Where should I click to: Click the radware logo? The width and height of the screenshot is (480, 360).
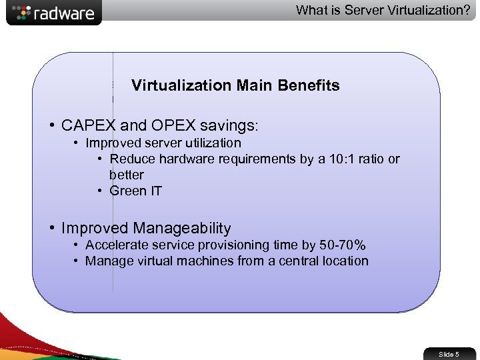53,13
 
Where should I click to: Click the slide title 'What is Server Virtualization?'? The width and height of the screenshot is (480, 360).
383,10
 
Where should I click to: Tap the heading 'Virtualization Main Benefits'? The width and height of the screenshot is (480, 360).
235,85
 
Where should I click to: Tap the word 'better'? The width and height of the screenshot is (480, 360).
127,175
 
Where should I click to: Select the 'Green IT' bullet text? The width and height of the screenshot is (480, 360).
136,191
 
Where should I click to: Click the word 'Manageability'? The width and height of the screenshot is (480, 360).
182,228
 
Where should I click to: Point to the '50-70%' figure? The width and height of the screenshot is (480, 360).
343,245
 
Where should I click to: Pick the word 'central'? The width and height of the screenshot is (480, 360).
291,261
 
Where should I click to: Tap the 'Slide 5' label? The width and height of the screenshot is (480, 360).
449,354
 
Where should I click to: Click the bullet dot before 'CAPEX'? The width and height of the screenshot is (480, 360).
51,125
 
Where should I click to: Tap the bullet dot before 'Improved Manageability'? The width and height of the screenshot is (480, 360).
51,228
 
